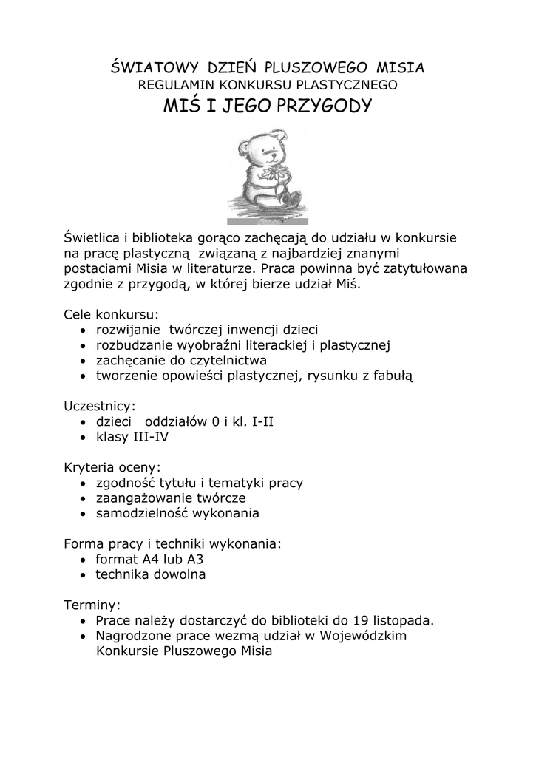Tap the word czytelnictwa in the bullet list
[x=230, y=360]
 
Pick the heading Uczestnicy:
[x=100, y=406]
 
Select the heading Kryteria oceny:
[x=112, y=467]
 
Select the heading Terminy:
[x=92, y=605]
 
